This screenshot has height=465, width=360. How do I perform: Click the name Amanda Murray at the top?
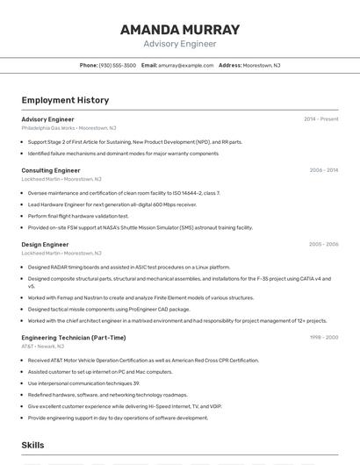179,30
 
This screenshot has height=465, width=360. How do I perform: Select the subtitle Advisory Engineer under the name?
179,44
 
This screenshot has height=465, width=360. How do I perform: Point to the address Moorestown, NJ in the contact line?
262,66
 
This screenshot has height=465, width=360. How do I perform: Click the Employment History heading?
65,101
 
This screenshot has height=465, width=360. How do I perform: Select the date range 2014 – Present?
320,119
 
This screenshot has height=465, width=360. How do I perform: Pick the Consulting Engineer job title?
51,170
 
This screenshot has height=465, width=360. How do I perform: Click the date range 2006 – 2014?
323,170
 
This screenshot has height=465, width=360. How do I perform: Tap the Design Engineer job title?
45,245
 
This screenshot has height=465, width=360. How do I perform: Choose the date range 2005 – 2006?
323,245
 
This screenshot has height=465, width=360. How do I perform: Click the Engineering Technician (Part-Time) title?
74,338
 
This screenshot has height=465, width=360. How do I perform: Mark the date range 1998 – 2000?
323,338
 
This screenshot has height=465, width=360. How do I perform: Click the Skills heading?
33,446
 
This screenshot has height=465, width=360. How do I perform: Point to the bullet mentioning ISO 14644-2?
124,193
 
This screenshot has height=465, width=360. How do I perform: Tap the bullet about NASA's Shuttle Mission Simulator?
140,227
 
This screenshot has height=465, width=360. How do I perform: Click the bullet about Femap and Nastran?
140,298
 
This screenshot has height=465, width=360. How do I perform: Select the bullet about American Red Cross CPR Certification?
143,361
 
